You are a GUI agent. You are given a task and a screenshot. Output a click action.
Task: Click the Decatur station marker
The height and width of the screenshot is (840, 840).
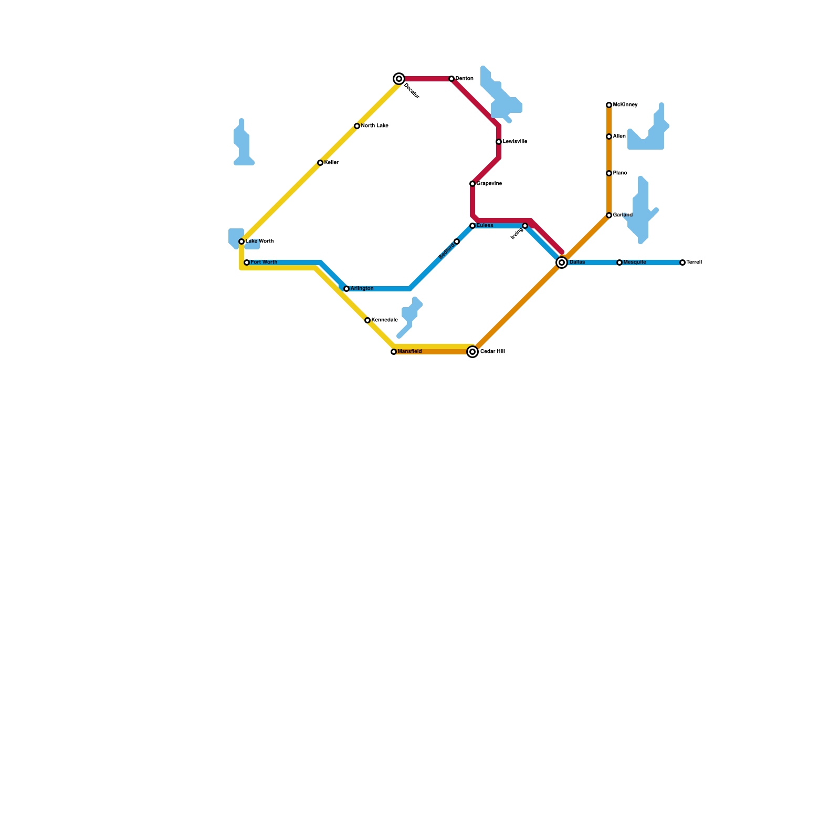coord(399,79)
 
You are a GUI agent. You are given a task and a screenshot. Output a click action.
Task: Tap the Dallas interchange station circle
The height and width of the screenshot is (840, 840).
coord(562,262)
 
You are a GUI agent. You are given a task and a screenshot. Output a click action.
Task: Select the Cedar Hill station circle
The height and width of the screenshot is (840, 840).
coord(472,352)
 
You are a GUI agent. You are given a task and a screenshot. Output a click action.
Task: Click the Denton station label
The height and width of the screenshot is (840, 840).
coord(464,79)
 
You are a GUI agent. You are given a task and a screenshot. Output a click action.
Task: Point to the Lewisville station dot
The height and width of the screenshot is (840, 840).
coord(499,142)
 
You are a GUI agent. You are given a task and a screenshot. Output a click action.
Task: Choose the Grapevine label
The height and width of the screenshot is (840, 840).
coord(489,184)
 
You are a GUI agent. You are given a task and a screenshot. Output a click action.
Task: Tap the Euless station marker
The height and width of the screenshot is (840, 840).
coord(472,226)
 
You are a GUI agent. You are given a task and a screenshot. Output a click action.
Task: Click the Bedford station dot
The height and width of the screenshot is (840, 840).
coord(457,241)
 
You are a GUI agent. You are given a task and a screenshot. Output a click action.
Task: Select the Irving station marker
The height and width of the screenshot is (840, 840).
coord(525,226)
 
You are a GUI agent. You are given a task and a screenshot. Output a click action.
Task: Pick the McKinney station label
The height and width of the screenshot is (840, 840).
coord(625,105)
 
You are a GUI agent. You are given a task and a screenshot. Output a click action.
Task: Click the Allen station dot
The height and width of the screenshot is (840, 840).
coord(609,136)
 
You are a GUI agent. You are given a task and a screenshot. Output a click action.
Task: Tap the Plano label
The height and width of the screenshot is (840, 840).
coord(619,173)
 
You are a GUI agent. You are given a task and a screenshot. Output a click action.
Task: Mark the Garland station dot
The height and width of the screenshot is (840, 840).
coord(609,215)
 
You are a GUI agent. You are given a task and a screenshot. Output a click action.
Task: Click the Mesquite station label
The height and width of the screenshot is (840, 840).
coord(634,262)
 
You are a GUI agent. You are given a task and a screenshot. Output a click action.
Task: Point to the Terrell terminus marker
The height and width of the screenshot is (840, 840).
coord(682,262)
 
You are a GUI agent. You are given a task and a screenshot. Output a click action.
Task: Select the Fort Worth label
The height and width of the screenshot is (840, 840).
coord(264,262)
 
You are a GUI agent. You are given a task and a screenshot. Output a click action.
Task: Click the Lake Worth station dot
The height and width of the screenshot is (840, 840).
coord(241,241)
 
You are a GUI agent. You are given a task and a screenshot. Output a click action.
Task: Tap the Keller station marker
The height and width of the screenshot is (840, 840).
coord(320,163)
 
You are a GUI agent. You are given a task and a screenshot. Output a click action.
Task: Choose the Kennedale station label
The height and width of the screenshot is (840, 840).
coord(384,320)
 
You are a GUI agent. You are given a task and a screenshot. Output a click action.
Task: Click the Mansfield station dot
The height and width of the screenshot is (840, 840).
coord(394,352)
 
